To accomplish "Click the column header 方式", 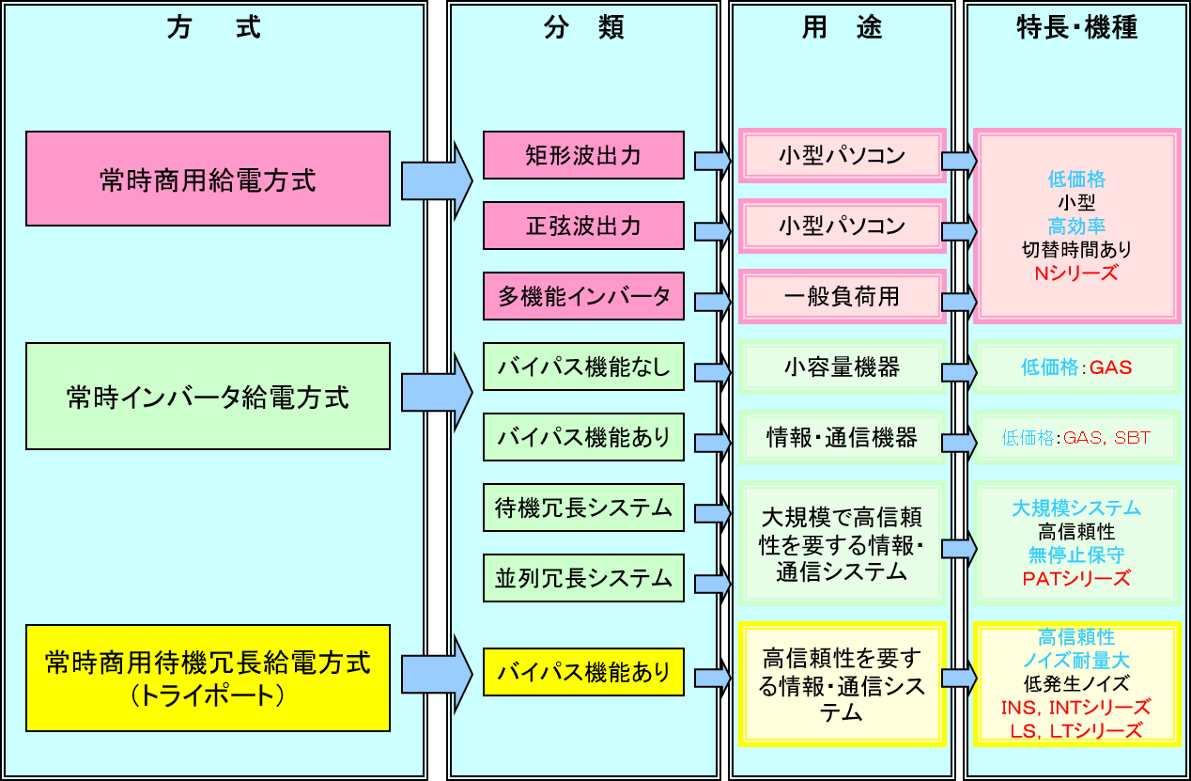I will point(213,28).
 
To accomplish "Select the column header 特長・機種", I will point(1076,28).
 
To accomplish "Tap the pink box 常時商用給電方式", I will point(208,179).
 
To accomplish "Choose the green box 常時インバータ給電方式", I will point(208,396).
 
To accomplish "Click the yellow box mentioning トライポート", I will point(208,677).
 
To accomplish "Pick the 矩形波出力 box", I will point(583,155).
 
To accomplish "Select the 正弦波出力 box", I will point(583,226).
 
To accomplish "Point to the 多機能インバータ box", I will point(583,297).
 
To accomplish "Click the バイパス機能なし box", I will point(583,367).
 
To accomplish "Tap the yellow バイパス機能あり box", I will point(583,672).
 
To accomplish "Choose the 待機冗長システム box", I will point(583,508).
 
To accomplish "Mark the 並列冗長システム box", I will point(583,578).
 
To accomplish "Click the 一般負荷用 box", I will point(842,297).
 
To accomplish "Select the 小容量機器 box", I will point(842,367).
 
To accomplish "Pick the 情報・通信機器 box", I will point(842,438).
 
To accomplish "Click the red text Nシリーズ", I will point(1076,273).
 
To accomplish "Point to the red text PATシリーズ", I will point(1076,578).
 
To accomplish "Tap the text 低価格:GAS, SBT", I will point(1076,438).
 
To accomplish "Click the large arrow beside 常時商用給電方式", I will point(437,180).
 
